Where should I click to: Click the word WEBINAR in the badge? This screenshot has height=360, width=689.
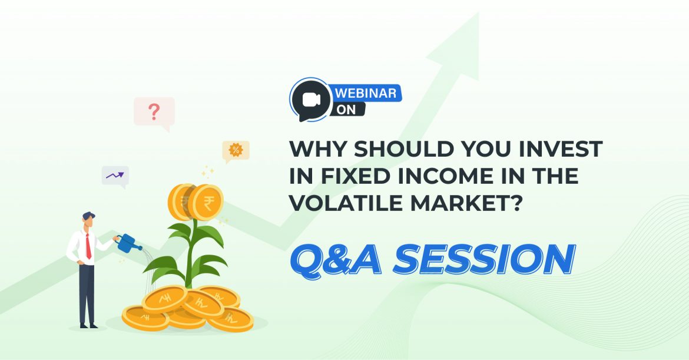click(368, 93)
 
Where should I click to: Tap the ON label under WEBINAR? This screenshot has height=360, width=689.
click(347, 110)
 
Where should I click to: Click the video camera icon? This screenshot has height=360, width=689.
click(310, 101)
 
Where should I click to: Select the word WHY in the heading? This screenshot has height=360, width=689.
click(313, 150)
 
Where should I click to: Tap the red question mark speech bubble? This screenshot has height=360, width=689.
click(154, 112)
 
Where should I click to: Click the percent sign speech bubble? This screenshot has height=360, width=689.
click(236, 150)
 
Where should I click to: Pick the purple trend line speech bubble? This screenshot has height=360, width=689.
click(115, 176)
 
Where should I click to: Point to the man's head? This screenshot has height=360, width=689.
click(88, 221)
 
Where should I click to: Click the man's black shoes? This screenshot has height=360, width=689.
click(88, 325)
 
